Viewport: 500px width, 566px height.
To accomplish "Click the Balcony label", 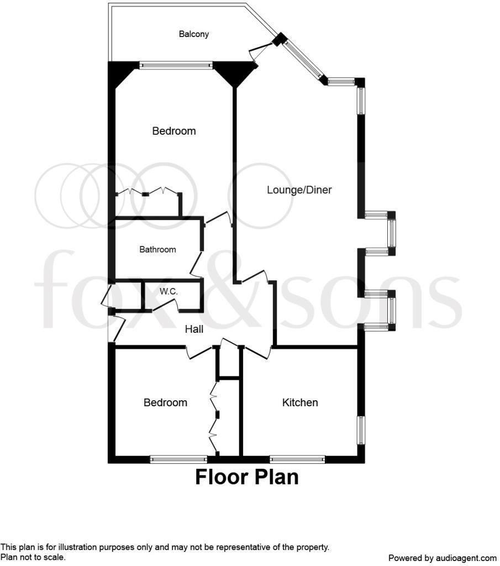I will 194,34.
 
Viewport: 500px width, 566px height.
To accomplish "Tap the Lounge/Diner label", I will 299,190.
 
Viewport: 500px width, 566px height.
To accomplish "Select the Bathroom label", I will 157,250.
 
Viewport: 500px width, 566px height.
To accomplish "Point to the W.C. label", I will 169,291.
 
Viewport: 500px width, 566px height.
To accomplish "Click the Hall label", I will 194,329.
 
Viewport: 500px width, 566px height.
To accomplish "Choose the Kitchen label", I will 300,402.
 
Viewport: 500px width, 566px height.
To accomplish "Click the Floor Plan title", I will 246,476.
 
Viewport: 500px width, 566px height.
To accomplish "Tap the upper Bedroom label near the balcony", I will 174,131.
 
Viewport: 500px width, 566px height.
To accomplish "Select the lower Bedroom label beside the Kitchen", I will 165,402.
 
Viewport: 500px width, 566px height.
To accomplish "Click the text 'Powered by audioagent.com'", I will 443,558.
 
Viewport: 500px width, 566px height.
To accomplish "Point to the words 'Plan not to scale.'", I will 33,557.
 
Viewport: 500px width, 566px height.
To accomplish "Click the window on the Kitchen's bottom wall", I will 297,459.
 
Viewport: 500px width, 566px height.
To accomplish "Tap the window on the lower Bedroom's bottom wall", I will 178,459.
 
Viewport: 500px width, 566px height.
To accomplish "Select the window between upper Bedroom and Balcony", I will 176,65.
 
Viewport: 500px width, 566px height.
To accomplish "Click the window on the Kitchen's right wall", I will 361,430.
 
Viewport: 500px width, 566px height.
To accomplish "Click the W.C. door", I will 165,305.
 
